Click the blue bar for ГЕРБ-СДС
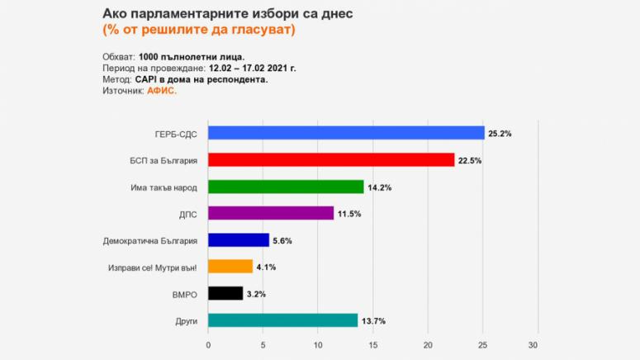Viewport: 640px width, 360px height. tap(346, 133)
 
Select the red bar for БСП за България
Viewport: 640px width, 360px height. tap(331, 159)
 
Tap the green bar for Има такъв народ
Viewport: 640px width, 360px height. tap(286, 187)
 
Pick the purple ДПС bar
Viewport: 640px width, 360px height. tap(271, 213)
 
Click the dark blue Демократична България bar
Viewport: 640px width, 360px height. tap(239, 240)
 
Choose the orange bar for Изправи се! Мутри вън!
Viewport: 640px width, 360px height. tap(230, 267)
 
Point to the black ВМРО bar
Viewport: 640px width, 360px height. tap(225, 293)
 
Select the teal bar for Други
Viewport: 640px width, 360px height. tap(283, 320)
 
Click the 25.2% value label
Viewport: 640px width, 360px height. tap(500, 134)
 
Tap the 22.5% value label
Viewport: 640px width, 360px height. tap(470, 160)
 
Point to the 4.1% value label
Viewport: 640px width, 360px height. tap(268, 268)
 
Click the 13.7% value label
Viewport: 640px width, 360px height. tap(373, 320)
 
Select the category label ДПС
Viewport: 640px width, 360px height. tap(188, 214)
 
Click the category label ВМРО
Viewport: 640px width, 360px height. tap(186, 294)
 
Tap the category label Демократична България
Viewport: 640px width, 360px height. tap(150, 240)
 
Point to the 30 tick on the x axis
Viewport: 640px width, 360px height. tap(538, 344)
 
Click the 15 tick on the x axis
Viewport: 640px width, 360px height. tap(372, 344)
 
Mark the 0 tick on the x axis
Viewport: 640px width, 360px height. tap(208, 344)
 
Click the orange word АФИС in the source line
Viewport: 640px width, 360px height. tap(162, 91)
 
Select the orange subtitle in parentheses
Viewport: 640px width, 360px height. tap(198, 30)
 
